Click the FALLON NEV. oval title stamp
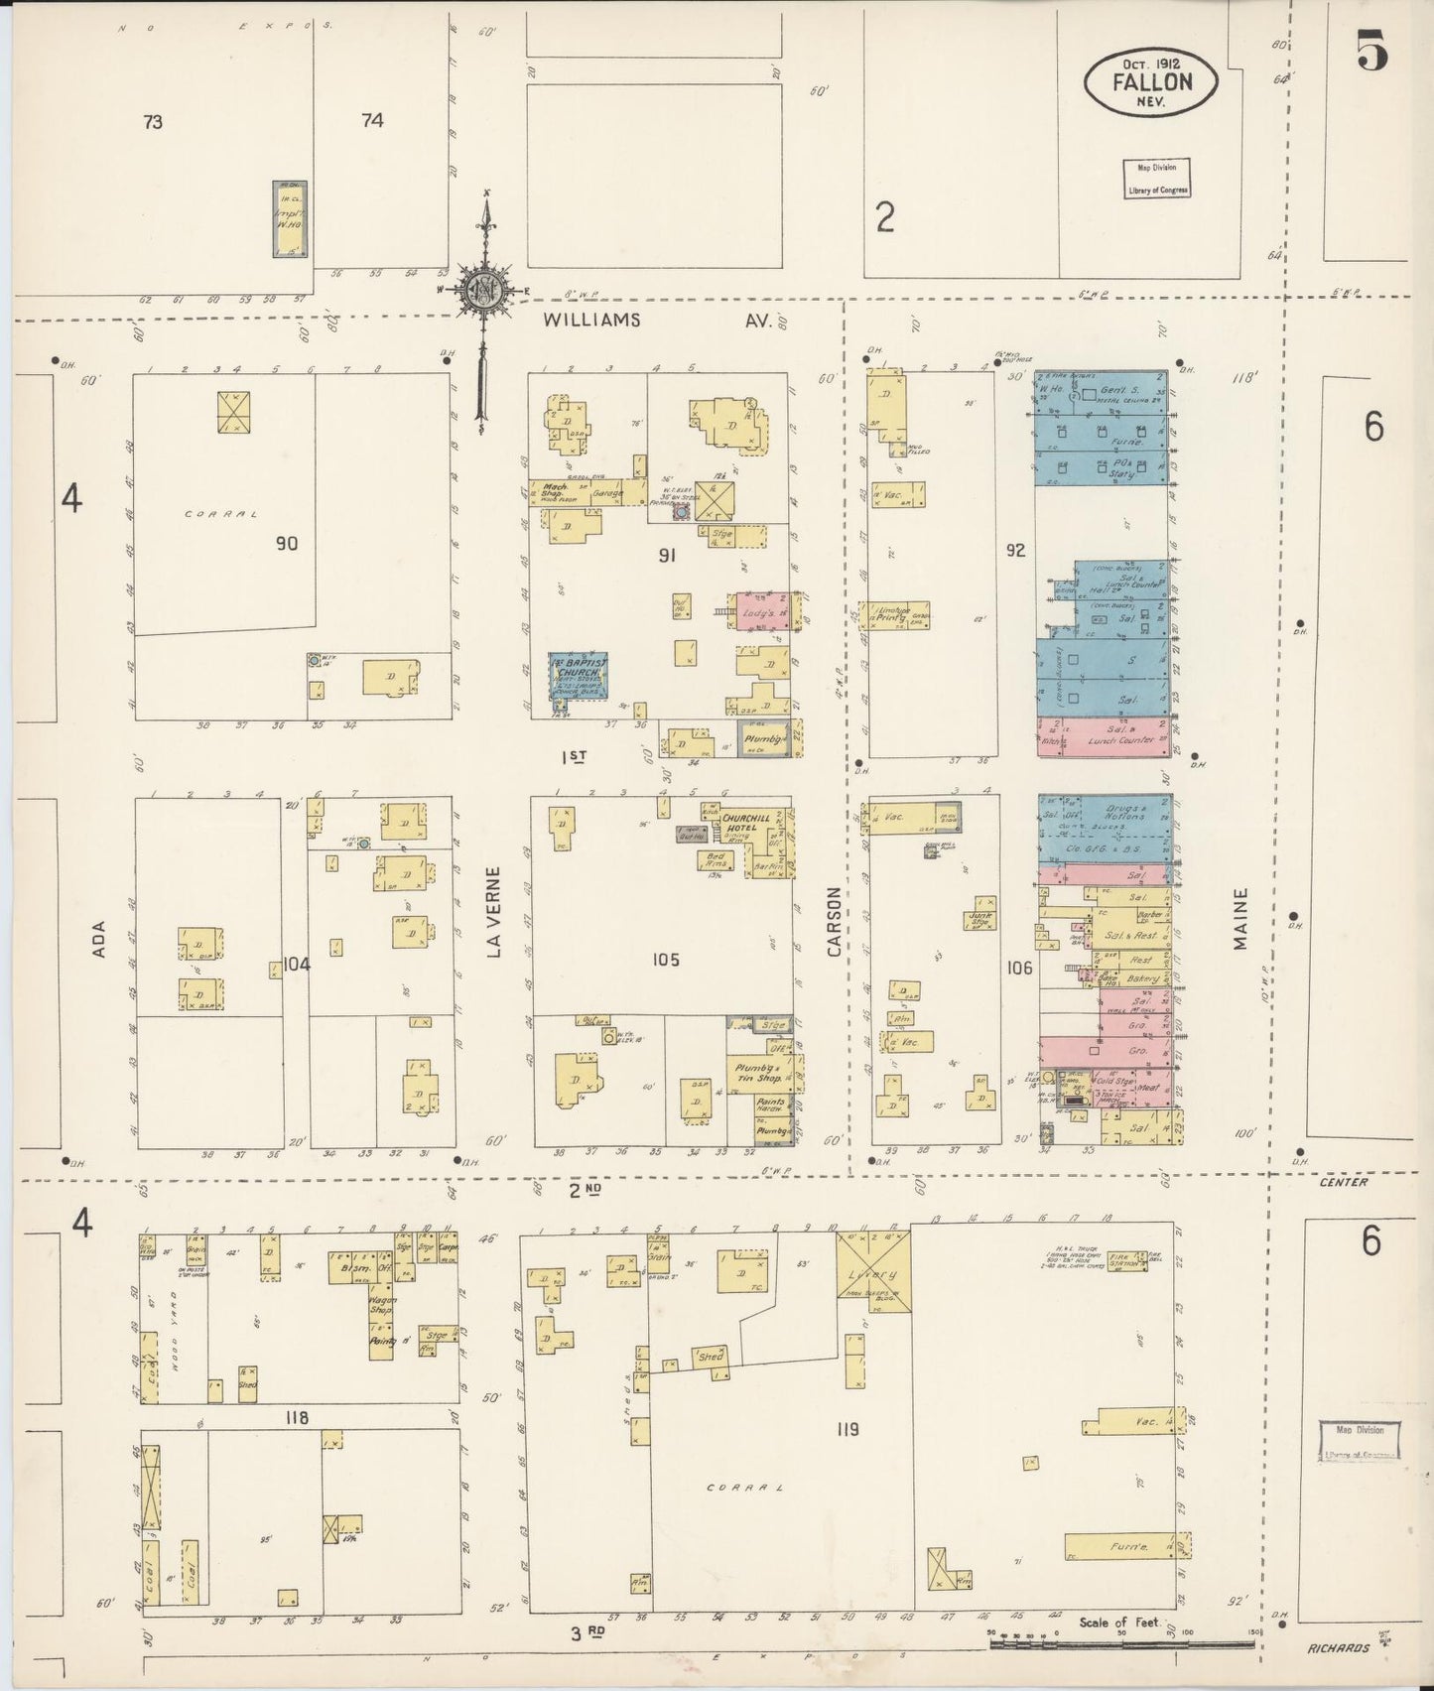click(x=1151, y=82)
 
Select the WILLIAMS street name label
click(x=592, y=320)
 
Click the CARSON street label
click(x=834, y=922)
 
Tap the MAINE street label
click(x=1240, y=918)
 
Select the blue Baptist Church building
click(x=580, y=676)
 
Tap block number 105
click(x=666, y=960)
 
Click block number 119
click(x=847, y=1430)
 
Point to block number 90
click(x=287, y=544)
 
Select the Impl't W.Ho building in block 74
click(x=290, y=219)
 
